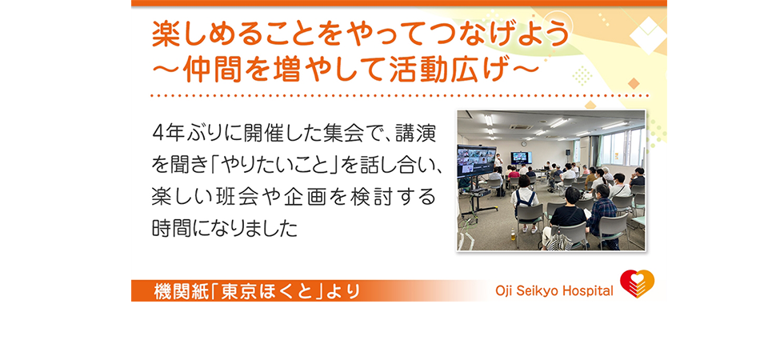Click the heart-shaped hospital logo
637,284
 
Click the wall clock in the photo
523,142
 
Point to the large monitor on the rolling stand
474,161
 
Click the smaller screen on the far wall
521,158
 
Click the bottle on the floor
512,234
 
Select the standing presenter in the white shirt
498,162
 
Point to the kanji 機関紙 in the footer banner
178,291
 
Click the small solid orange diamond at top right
634,83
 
